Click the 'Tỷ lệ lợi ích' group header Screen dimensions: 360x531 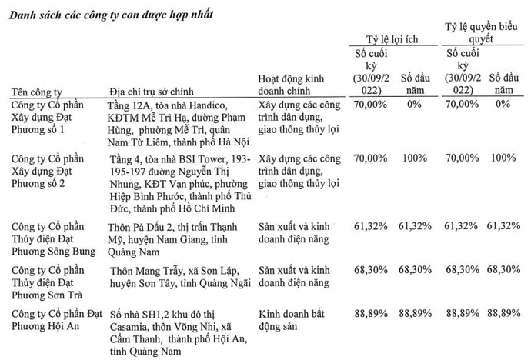click(x=395, y=38)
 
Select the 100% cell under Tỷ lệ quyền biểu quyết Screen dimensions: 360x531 click(x=504, y=158)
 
